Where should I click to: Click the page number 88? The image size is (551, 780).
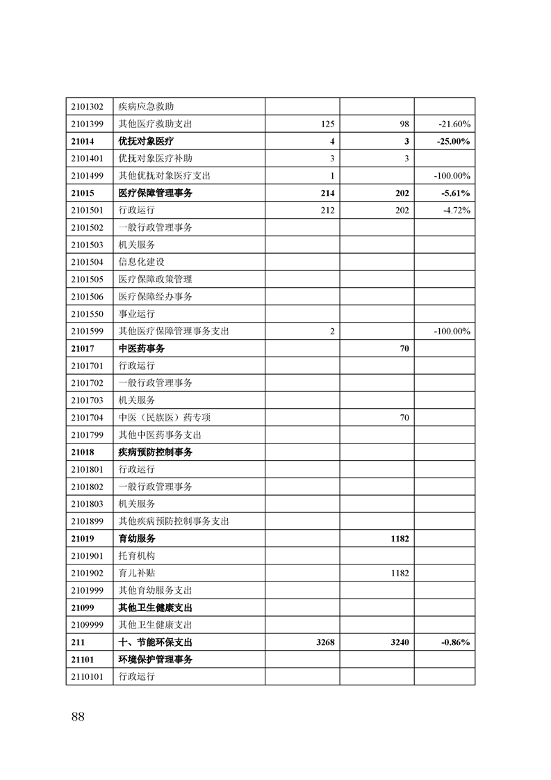(77, 717)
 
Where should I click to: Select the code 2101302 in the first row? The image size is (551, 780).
(87, 107)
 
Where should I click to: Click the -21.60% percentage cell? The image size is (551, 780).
(455, 124)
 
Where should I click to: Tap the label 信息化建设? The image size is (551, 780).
(142, 262)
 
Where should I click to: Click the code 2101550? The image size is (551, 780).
(87, 314)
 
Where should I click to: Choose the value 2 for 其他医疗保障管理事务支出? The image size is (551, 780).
(332, 332)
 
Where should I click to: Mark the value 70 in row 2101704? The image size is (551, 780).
(404, 418)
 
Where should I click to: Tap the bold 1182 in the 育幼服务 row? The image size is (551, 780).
(400, 539)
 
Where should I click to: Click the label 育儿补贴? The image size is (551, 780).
(137, 573)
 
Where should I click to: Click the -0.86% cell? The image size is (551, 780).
(456, 642)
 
